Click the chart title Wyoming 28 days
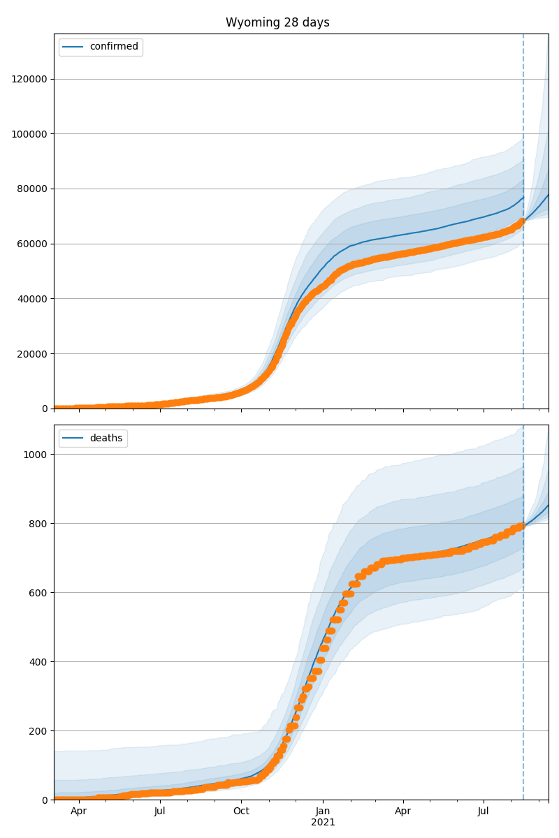tap(277, 22)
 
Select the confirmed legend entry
tap(114, 47)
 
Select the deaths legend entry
tap(106, 438)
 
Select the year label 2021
tap(323, 823)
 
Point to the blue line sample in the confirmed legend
tap(73, 47)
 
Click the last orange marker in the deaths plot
tap(521, 526)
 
